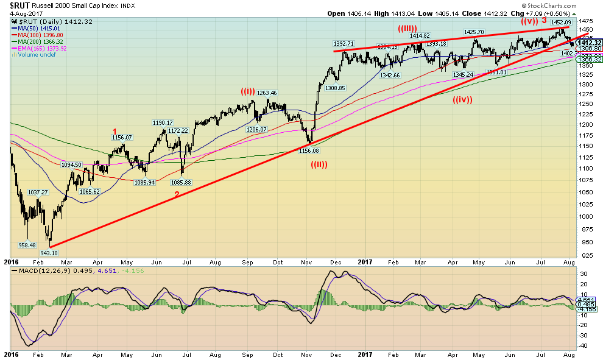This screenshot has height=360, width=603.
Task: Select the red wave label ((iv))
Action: [463, 100]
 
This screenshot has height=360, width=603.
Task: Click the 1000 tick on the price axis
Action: [587, 217]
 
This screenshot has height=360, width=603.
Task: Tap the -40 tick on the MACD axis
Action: [584, 345]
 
